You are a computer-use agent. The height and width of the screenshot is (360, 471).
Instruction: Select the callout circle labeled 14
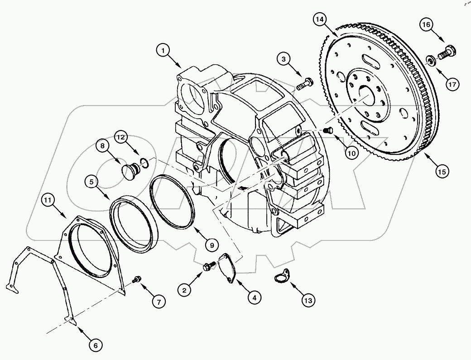[320, 19]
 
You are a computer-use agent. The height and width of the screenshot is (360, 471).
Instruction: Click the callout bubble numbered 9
[211, 245]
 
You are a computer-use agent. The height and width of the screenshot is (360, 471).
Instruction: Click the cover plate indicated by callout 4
[227, 269]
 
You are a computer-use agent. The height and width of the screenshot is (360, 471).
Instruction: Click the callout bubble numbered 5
[92, 182]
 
